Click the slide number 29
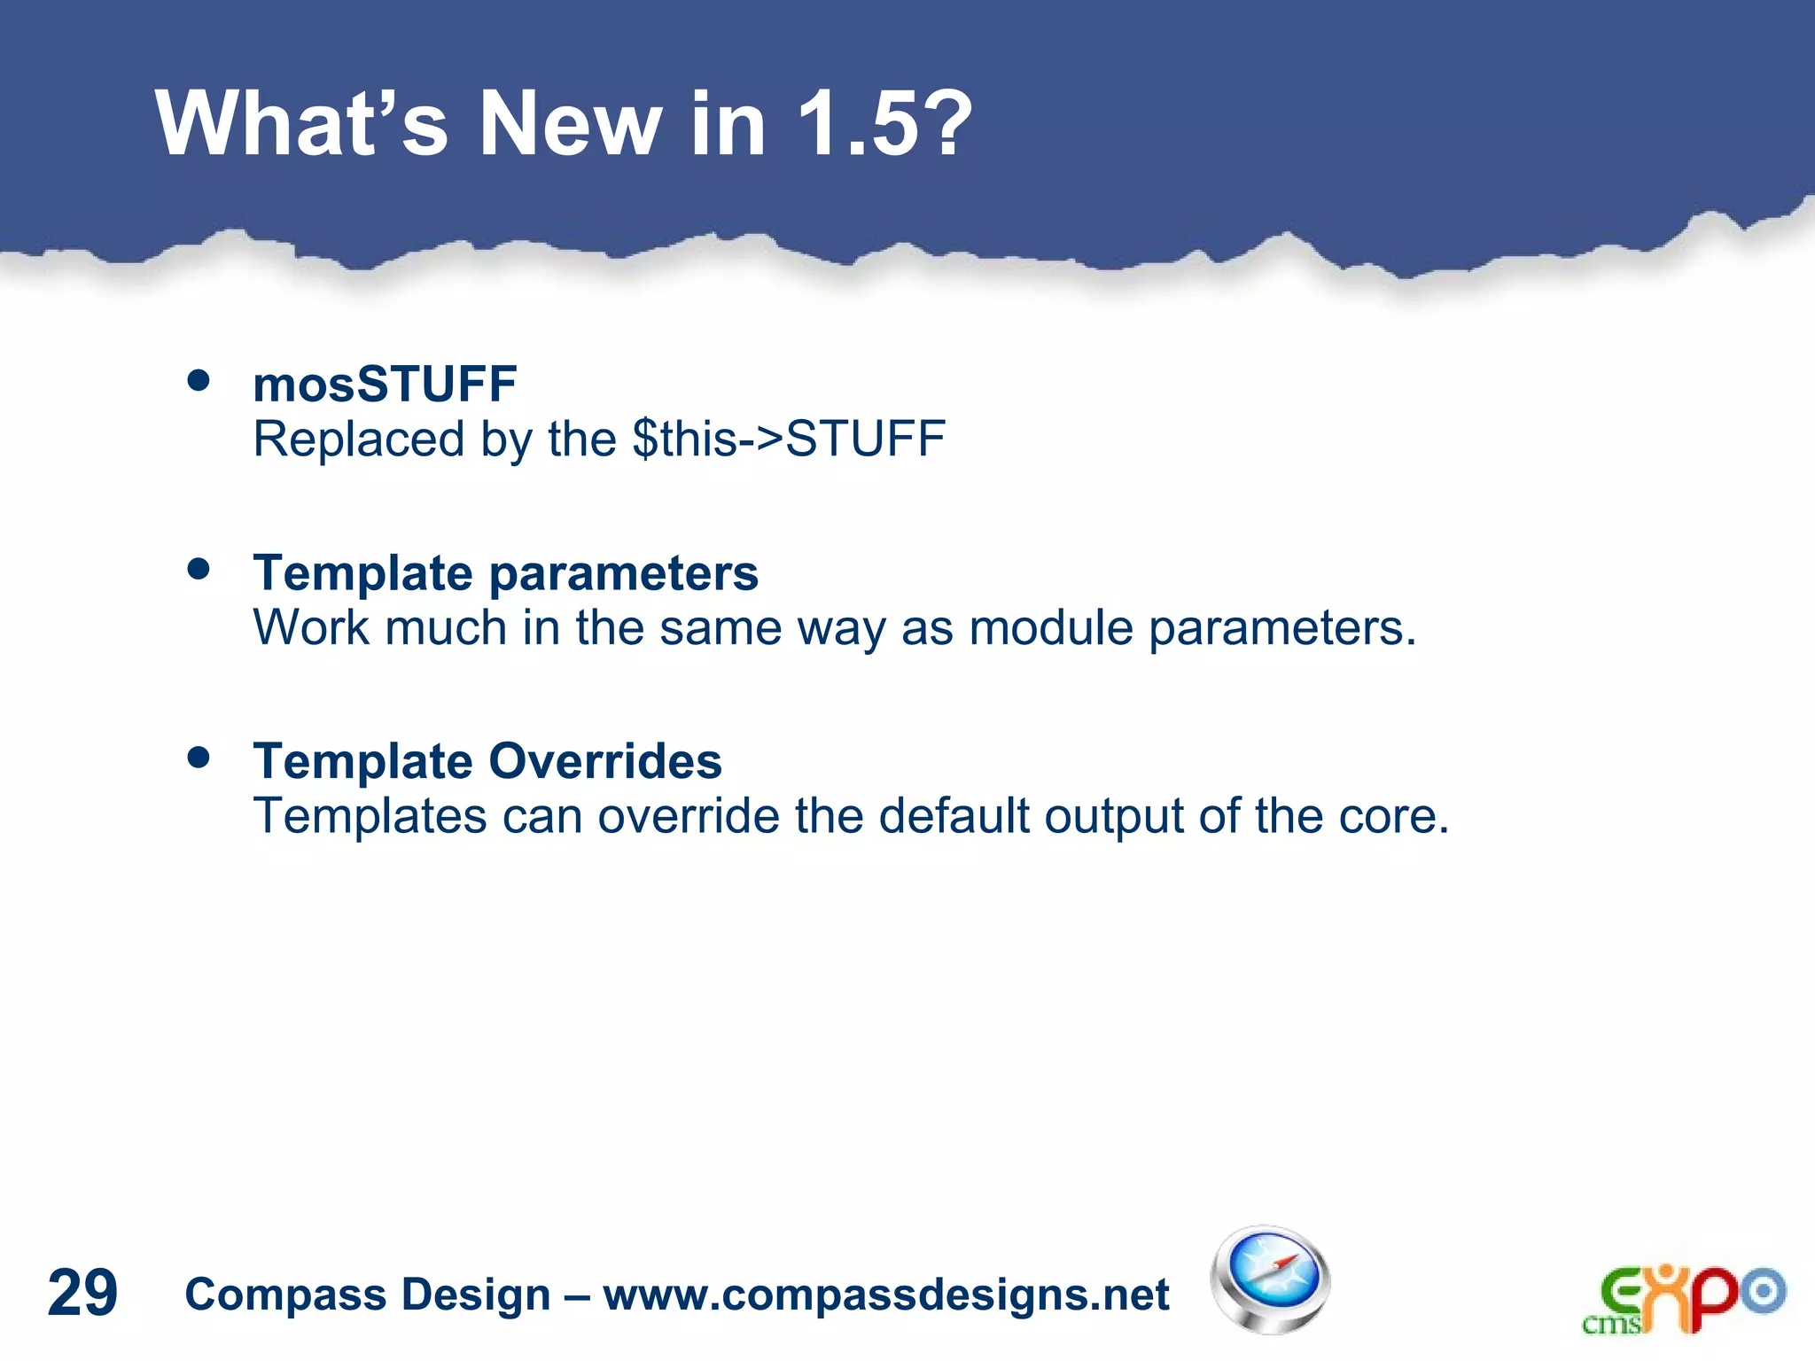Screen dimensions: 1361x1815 tap(82, 1293)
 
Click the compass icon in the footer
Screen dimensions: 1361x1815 tap(1270, 1279)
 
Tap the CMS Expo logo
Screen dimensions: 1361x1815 tap(1683, 1299)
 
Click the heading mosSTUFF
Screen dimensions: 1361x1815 tap(385, 384)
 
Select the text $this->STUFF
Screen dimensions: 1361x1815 tap(789, 439)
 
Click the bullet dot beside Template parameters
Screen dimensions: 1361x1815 tap(199, 569)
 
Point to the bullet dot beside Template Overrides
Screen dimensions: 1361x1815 tap(199, 758)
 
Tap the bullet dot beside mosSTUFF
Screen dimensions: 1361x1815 tap(199, 381)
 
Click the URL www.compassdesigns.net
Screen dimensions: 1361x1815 tap(886, 1295)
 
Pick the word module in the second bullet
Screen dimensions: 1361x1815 tap(1051, 628)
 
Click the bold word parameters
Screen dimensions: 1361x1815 tap(624, 574)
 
